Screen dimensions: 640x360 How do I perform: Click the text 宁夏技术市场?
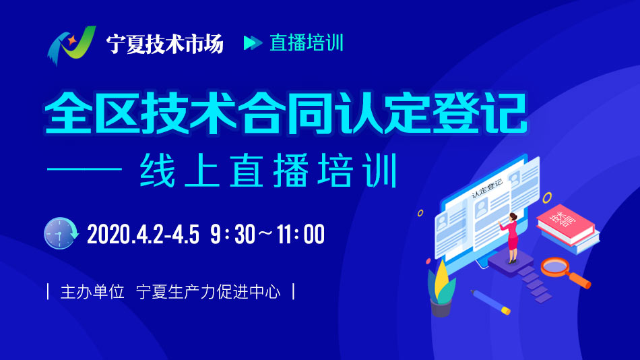click(x=165, y=43)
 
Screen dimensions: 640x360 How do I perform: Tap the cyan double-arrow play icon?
click(x=253, y=42)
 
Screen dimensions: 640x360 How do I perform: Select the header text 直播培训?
click(x=307, y=43)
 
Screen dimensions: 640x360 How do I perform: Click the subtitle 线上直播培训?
click(x=268, y=171)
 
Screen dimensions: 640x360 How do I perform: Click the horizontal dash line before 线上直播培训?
click(x=84, y=169)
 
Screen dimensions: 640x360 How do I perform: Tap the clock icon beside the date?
click(x=61, y=233)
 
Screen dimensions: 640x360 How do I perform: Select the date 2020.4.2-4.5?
click(x=143, y=234)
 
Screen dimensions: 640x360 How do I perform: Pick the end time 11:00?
click(x=301, y=234)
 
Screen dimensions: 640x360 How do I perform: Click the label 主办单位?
click(x=92, y=292)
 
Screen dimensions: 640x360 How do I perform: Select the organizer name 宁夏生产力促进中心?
click(x=208, y=292)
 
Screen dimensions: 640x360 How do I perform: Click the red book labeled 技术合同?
click(x=566, y=224)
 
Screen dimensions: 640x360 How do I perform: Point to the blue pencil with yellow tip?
click(x=490, y=302)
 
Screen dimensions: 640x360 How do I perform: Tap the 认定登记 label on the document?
click(x=487, y=189)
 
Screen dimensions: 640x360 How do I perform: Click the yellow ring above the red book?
click(x=547, y=198)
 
